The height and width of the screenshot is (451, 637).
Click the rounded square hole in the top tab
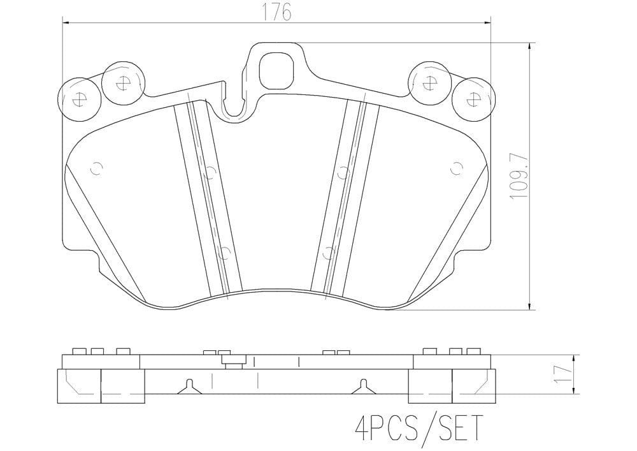click(x=276, y=71)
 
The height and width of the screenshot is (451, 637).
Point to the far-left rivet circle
click(x=79, y=100)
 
